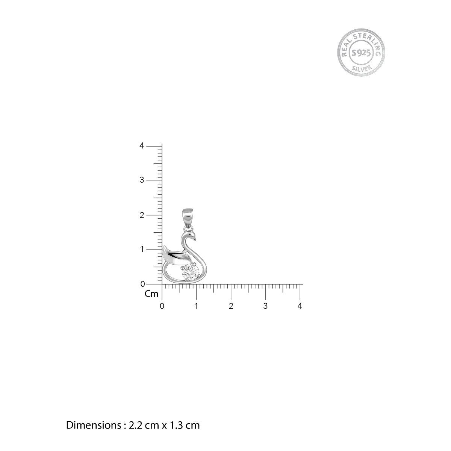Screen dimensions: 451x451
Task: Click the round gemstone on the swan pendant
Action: pos(191,272)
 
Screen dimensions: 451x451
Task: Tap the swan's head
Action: pos(191,235)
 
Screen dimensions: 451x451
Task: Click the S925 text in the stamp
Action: pos(361,53)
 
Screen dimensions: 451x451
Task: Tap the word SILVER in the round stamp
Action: pos(362,68)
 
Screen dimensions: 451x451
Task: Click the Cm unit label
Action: pos(151,294)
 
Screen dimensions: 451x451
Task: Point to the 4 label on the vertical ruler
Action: pos(142,146)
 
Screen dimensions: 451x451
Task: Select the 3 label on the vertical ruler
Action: pos(142,180)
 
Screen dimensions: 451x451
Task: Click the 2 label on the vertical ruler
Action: pos(142,215)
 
